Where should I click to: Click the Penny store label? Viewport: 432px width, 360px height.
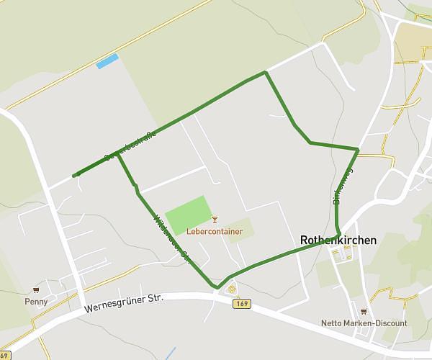[x=35, y=302]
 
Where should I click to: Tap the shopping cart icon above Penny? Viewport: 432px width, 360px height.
[x=35, y=290]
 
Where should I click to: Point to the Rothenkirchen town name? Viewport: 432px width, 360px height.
[x=337, y=240]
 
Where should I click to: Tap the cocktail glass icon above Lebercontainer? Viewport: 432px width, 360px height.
[x=214, y=220]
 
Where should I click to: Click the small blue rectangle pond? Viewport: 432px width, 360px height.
[x=107, y=62]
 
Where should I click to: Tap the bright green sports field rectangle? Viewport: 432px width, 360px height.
[x=189, y=214]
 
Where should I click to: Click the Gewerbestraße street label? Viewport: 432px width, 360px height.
[x=130, y=145]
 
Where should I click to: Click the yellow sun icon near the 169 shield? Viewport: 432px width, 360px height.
[x=232, y=289]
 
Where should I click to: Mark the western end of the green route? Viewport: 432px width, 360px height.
[x=75, y=175]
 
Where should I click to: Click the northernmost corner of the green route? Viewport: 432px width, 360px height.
[x=266, y=72]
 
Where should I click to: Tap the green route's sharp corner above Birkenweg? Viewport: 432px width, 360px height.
[x=358, y=149]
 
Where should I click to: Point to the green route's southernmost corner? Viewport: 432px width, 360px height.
[x=217, y=287]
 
